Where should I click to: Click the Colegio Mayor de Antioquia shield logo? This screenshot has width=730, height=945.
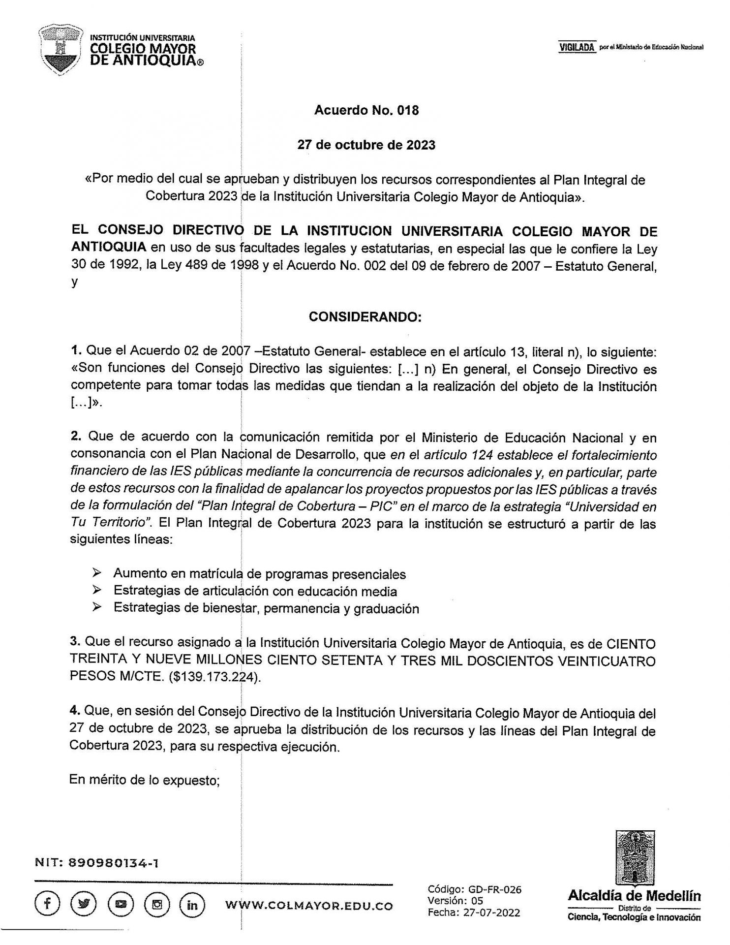61,51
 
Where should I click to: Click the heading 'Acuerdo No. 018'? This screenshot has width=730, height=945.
366,110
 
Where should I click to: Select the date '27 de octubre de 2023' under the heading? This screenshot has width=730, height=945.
366,145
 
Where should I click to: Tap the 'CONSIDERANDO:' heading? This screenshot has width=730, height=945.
365,317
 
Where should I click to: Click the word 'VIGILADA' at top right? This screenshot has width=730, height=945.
578,47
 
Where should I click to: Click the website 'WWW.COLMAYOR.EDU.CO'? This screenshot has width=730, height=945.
309,906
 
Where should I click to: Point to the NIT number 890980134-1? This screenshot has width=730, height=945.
115,863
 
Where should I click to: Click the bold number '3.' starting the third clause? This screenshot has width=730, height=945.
75,642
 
